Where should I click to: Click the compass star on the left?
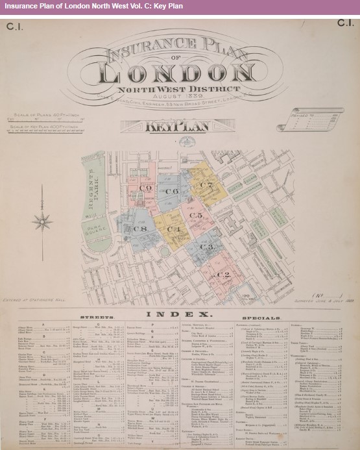click(x=43, y=220)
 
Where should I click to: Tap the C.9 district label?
click(x=145, y=188)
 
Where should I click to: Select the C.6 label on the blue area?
click(x=171, y=192)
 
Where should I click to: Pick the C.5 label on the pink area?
click(x=196, y=215)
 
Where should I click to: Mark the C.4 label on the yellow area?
click(x=174, y=229)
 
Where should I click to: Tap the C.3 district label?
click(x=206, y=247)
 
